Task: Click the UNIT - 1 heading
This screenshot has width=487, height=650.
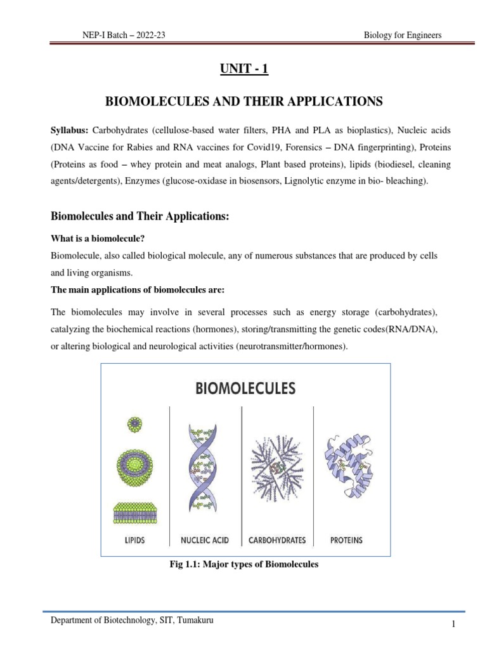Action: pos(244,69)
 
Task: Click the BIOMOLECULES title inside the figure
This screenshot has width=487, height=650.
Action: pos(245,387)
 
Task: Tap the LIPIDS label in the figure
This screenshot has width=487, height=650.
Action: pos(134,540)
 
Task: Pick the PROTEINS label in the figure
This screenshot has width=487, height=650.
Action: pos(346,540)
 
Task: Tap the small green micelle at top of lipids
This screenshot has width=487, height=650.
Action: pos(134,423)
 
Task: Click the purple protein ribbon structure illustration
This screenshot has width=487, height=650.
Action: pos(347,467)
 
